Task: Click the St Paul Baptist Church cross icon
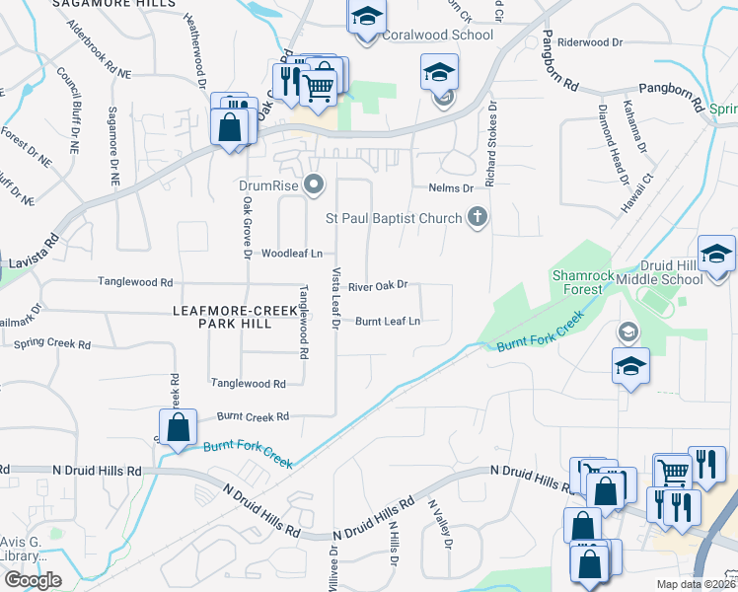click(x=478, y=217)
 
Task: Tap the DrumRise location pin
click(x=315, y=184)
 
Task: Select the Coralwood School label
click(x=437, y=36)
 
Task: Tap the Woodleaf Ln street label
click(x=291, y=254)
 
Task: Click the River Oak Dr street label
click(x=378, y=285)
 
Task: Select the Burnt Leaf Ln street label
click(x=388, y=321)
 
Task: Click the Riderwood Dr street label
click(x=590, y=42)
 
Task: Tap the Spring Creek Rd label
click(x=52, y=344)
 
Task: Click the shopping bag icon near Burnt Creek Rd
click(x=179, y=428)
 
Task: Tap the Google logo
click(x=33, y=580)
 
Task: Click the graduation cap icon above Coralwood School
click(x=366, y=17)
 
